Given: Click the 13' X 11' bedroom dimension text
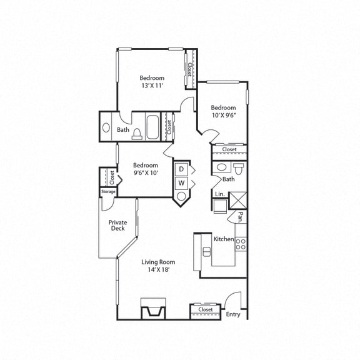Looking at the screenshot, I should (151, 87).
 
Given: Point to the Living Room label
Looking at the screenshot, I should (157, 262).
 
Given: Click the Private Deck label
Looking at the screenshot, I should (117, 225).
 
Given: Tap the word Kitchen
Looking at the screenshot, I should (224, 239).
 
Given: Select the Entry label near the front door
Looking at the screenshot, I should (233, 314).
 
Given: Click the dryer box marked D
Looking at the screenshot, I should (181, 169).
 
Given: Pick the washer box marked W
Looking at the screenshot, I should (181, 183).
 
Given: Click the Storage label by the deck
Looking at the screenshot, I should (108, 192).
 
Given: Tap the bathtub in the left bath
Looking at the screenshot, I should (152, 127).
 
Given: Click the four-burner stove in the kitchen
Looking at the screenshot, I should (241, 244).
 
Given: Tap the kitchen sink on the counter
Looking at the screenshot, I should (207, 251).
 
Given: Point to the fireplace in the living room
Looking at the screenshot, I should (153, 309).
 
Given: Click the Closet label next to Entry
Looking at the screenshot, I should (206, 309).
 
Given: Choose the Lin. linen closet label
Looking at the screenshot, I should (219, 195).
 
